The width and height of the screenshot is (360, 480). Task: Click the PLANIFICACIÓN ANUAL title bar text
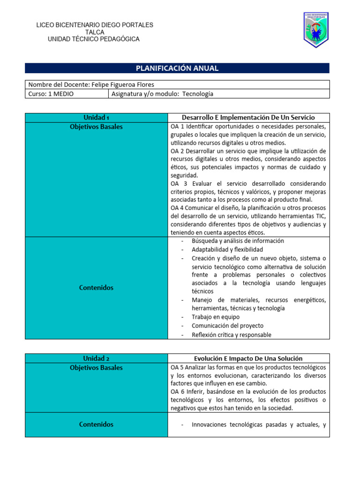coord(177,68)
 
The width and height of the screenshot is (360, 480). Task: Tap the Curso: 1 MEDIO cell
coord(51,94)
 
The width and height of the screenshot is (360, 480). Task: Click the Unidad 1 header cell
coord(96,118)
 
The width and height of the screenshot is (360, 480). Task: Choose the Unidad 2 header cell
coord(96,359)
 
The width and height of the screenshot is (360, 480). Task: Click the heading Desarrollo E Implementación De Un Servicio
coord(248,118)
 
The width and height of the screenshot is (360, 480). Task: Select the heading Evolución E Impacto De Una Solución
coord(248,359)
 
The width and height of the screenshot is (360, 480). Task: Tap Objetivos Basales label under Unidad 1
coord(96,127)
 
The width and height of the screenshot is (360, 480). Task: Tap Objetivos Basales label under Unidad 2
coord(96,367)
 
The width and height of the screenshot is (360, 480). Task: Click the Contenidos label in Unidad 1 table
coord(96,288)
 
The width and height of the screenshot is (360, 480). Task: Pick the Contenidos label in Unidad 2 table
coord(96,424)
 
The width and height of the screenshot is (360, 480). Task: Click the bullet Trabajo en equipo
coord(215,317)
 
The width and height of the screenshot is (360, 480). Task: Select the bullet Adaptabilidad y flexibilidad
coord(227,249)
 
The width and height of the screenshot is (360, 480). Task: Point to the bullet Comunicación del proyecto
coord(227,325)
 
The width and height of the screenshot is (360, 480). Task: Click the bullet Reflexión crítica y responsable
coord(232,334)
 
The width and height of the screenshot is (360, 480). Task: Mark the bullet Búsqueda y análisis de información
coord(238,241)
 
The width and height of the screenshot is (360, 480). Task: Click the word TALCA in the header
coord(95,32)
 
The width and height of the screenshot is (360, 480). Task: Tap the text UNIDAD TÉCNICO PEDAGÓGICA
coord(94,39)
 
